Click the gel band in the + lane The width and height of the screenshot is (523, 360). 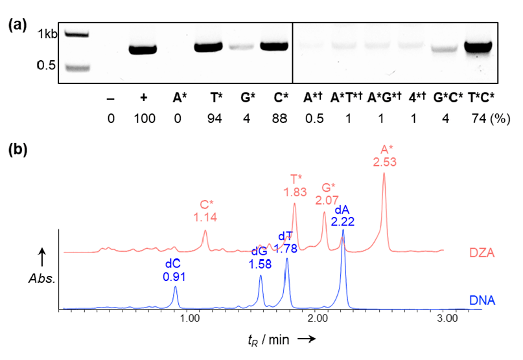point(143,49)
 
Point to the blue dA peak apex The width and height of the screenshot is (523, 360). point(343,231)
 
